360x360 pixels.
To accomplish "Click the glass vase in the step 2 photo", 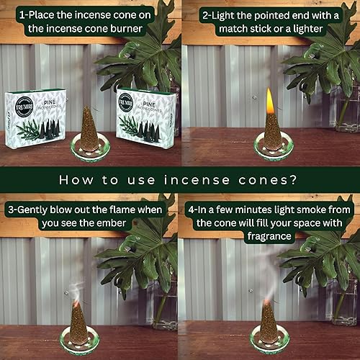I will pyautogui.click(x=344, y=108).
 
